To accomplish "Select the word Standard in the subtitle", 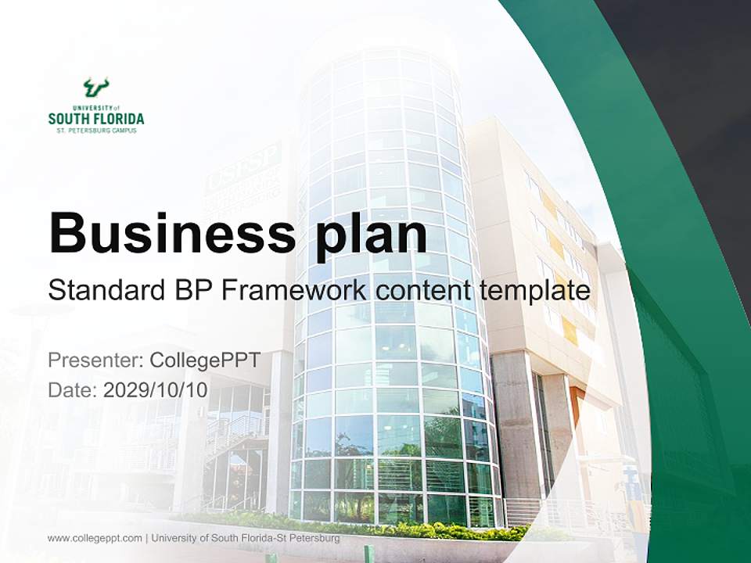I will click(x=105, y=292).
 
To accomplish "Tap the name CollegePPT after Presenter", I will click(x=204, y=360).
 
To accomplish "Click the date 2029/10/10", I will click(x=156, y=390).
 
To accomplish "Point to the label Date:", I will click(x=73, y=390).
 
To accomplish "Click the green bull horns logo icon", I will click(x=95, y=87).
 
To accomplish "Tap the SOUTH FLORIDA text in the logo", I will click(x=95, y=119).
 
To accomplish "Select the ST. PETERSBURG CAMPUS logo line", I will click(x=95, y=131).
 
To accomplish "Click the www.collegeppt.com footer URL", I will click(x=95, y=538).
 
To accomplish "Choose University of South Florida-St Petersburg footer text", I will click(x=246, y=538).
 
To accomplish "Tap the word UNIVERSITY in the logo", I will click(x=91, y=108).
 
